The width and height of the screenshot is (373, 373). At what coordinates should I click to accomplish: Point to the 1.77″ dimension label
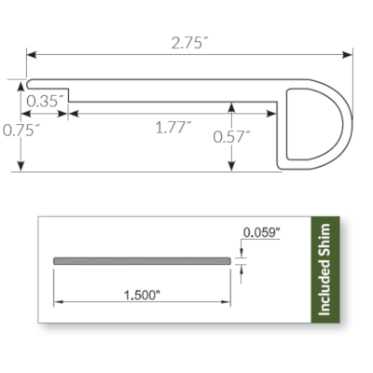click(174, 128)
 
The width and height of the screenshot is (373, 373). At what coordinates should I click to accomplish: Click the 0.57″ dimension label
click(233, 136)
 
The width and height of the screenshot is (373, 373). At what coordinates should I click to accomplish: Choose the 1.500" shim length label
click(141, 296)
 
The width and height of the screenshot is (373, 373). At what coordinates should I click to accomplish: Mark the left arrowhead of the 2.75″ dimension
click(30, 55)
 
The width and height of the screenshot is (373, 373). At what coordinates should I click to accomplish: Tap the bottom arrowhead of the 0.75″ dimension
click(21, 168)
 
